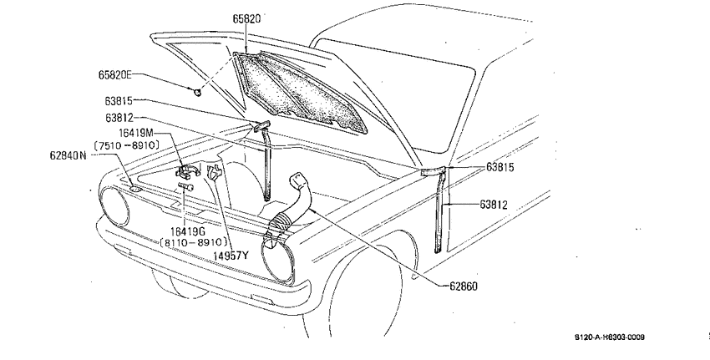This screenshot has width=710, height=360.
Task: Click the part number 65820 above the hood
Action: (246, 18)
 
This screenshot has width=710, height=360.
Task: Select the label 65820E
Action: (115, 74)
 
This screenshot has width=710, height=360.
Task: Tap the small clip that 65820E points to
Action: (197, 93)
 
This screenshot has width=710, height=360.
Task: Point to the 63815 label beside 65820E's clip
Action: (119, 100)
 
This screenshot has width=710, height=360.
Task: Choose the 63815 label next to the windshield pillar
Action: (500, 168)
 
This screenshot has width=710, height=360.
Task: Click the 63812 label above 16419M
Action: (119, 118)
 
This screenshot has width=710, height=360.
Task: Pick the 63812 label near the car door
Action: (494, 205)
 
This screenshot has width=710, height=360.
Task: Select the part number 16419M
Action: (136, 133)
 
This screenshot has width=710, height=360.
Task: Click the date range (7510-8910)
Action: (127, 145)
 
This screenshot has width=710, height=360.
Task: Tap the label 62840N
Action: (68, 155)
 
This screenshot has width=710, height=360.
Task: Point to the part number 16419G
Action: (187, 231)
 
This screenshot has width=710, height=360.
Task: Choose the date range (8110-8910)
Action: (194, 242)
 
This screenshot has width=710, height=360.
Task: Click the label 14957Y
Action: (231, 256)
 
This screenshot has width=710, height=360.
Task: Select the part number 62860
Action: (464, 286)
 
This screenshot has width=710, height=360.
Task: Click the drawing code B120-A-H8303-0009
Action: (610, 337)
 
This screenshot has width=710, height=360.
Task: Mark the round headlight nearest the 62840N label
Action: (114, 206)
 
